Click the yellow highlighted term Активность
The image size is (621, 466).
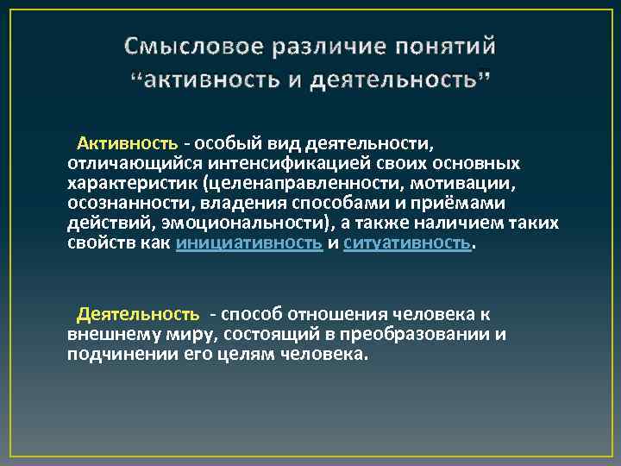[x=128, y=142]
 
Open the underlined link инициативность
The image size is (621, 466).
[x=249, y=243]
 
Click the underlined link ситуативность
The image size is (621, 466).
[x=408, y=243]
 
